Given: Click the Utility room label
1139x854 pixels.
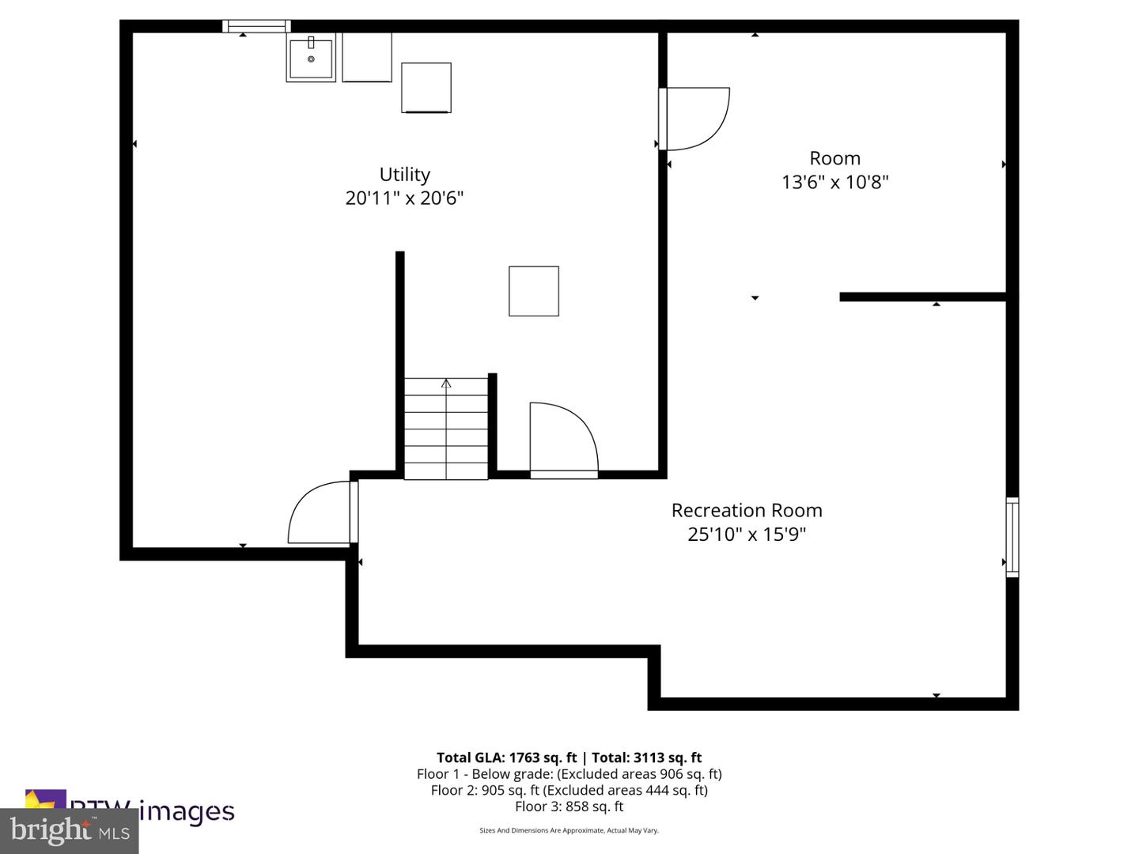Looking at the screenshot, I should point(404,175).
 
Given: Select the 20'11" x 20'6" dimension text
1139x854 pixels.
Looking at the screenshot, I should point(404,198).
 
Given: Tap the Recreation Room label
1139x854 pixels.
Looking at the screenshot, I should point(747,510).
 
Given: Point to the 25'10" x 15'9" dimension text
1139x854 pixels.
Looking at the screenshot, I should point(747,534).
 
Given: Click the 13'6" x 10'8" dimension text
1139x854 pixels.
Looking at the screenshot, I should point(835,182).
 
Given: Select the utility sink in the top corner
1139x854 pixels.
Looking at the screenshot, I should point(311,57).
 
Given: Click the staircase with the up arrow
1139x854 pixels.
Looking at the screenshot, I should point(446,429).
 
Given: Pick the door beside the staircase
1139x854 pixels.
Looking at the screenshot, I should point(563,440).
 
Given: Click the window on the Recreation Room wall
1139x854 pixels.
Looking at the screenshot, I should point(1012,537).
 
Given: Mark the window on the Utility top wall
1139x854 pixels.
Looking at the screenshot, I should point(256,26).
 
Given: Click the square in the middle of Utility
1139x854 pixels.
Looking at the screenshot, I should point(534,292).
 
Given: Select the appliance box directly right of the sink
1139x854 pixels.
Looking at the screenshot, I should point(367,57).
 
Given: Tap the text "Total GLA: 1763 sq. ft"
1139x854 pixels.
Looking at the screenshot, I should point(506,758).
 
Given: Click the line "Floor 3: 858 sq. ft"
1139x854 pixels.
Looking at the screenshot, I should point(569,807).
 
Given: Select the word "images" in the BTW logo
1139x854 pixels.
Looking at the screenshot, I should point(187,811).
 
